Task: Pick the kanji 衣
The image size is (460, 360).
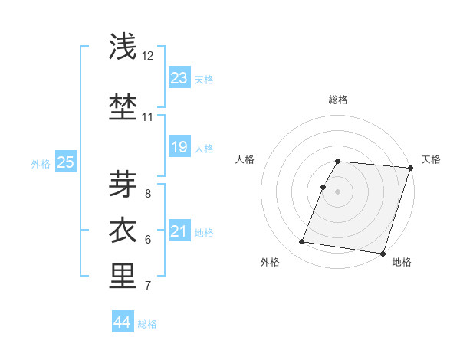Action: coord(123,229)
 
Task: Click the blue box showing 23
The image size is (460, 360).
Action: coord(179,78)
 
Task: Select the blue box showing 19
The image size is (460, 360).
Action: coord(179,147)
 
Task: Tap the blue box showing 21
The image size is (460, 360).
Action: coord(179,231)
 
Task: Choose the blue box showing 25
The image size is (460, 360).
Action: coord(65,162)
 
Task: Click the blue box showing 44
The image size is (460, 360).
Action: coord(122,322)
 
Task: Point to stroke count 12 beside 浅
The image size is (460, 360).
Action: coord(148,56)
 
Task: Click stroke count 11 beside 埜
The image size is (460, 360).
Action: coord(148,117)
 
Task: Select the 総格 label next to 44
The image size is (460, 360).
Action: coord(147,324)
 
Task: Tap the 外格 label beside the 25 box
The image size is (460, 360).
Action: coord(41,163)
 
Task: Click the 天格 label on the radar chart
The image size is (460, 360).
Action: coord(431,159)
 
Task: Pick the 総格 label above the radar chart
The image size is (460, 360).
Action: coord(338,100)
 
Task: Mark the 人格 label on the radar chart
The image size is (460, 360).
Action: coord(245,159)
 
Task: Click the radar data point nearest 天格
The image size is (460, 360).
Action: coord(411,168)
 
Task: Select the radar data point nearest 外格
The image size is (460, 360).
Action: coord(302,242)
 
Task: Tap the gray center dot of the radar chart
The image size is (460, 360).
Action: coord(337,191)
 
